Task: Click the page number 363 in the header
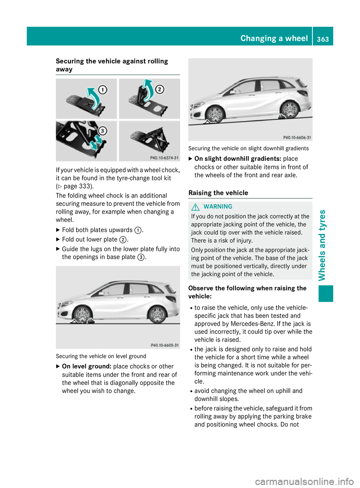tap(322, 39)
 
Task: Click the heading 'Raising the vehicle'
tap(218, 193)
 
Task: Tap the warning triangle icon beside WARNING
tap(195, 207)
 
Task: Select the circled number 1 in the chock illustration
tap(102, 90)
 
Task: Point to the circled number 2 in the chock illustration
tap(160, 89)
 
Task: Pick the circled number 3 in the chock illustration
tap(102, 131)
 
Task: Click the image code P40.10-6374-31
tap(164, 158)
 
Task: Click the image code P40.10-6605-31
tap(165, 345)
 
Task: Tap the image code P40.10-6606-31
tap(297, 138)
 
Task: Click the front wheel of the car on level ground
tap(82, 314)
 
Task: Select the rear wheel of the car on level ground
tap(157, 314)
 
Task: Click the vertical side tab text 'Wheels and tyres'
tap(322, 245)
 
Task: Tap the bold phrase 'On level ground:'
tap(87, 367)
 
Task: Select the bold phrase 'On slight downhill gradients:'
tap(238, 159)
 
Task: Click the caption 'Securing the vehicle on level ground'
tap(101, 356)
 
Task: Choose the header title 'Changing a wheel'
tap(274, 39)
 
